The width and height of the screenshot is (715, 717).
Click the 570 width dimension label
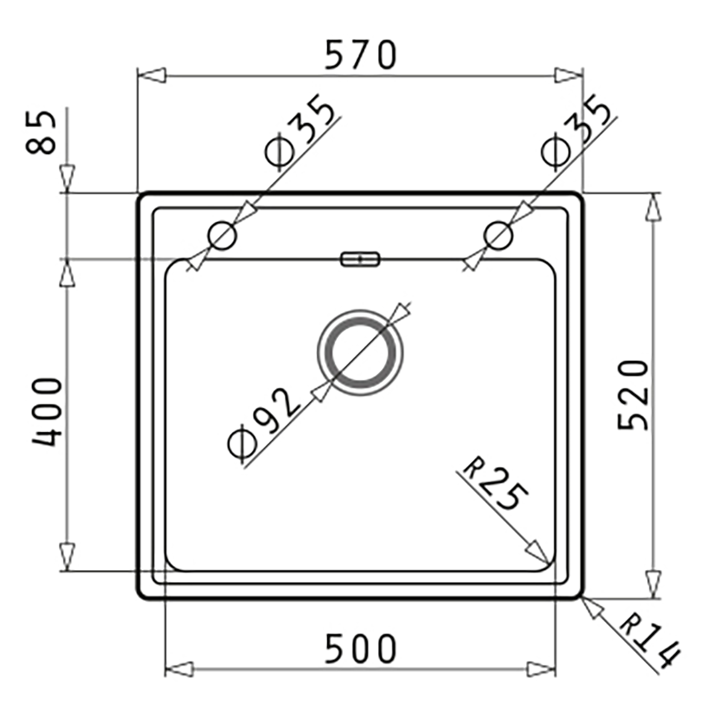pos(359,55)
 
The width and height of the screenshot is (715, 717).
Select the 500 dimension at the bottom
pos(359,649)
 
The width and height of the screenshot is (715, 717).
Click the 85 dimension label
pos(42,132)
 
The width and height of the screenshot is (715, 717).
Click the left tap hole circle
pos(223,236)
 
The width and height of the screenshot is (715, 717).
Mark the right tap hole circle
pos(498,236)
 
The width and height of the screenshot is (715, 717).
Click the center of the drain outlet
pos(360,351)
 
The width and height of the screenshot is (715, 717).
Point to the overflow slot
pos(360,259)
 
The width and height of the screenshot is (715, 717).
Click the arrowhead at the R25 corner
pos(538,552)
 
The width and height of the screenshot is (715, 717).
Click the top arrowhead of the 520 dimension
pos(654,207)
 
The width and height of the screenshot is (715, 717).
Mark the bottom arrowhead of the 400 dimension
pos(67,556)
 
